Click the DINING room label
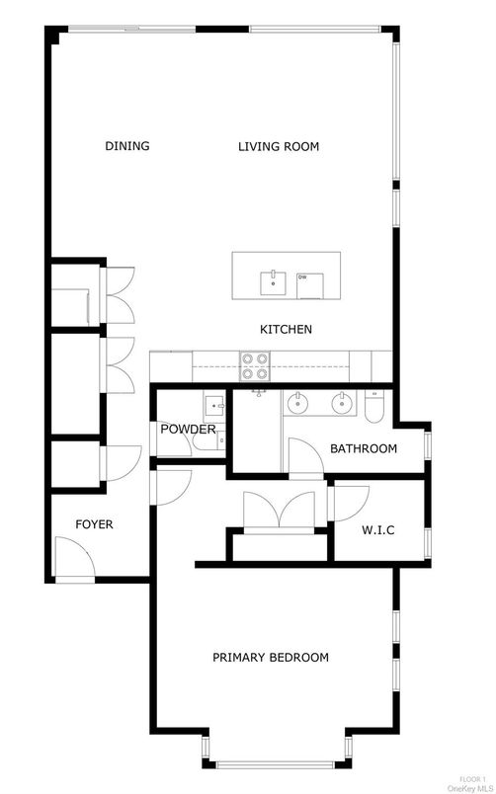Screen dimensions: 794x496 pos(127,147)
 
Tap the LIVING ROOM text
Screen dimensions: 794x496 pos(279,147)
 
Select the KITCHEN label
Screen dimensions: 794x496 pos(286,329)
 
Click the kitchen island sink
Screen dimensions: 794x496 pos(270,282)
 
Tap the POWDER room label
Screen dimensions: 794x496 pos(188,430)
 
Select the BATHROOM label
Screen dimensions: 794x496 pos(364,448)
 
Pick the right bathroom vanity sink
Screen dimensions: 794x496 pos(340,402)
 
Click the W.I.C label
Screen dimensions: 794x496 pos(378,530)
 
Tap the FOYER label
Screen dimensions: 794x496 pos(94,524)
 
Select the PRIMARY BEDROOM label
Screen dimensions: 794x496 pos(271,657)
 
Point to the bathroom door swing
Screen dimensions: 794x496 pos(302,457)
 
